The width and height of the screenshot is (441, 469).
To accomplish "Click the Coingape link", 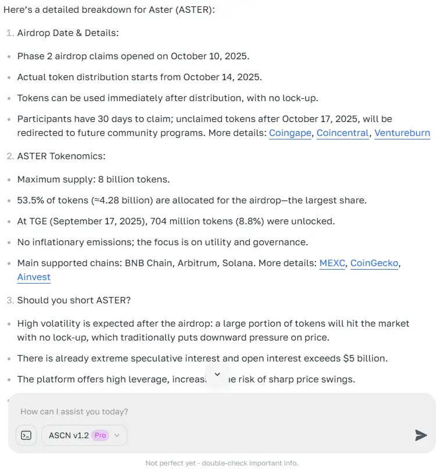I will click(291, 133).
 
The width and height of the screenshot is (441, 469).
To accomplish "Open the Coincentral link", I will click(343, 133).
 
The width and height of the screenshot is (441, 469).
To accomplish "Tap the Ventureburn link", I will click(402, 133).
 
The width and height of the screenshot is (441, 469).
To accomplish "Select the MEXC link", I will click(331, 263).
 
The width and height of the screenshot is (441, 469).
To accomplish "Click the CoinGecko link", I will click(374, 263).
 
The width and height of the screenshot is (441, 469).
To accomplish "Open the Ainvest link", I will click(34, 277).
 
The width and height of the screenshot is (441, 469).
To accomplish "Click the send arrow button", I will click(421, 435).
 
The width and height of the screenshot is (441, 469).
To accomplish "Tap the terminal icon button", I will click(26, 435).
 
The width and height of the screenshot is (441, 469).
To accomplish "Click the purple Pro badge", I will click(101, 435).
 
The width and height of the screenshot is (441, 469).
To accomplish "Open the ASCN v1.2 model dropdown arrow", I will click(117, 435).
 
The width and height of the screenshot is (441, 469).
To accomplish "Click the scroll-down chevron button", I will click(217, 374).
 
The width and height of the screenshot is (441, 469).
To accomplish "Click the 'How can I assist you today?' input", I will click(174, 411).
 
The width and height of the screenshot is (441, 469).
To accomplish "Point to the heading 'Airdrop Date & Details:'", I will click(68, 33).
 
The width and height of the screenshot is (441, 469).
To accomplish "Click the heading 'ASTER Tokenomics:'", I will click(61, 156).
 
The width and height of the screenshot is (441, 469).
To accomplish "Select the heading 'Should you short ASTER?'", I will click(74, 300).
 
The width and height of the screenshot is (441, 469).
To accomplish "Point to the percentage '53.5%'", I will click(30, 201).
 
